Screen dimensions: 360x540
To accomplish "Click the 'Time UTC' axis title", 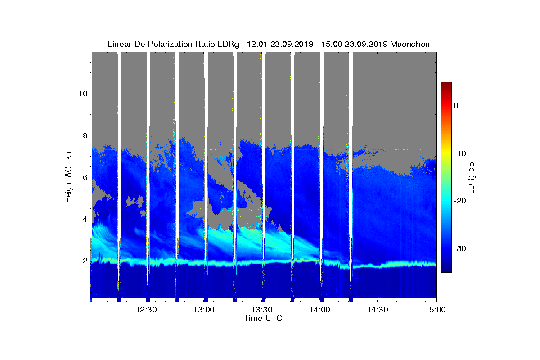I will [x=263, y=318].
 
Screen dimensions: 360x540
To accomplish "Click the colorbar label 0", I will [x=456, y=106].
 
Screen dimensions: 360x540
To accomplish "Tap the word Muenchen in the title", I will [x=410, y=44].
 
